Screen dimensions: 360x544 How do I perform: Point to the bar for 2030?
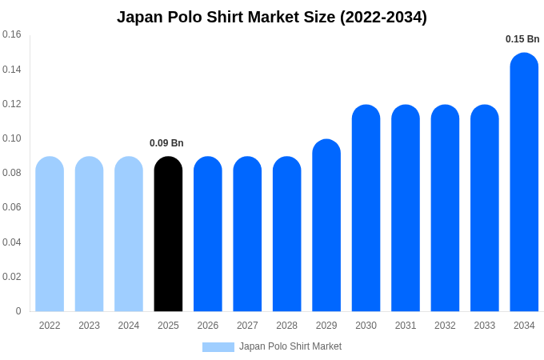(x=366, y=208)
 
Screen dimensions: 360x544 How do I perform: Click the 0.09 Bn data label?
(x=166, y=143)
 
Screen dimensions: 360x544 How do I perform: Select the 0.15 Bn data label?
(x=522, y=39)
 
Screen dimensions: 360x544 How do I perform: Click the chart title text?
(x=272, y=17)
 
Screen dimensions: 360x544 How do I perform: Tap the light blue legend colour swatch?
(x=218, y=347)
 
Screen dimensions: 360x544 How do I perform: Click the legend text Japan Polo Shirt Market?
(x=290, y=346)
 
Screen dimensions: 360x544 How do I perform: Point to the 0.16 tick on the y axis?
(x=12, y=34)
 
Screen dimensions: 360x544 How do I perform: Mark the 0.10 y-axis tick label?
(x=12, y=138)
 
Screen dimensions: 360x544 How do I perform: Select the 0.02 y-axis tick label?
(x=12, y=277)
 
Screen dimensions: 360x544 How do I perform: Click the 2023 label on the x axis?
(x=89, y=326)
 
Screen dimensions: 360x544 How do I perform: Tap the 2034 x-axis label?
(x=524, y=326)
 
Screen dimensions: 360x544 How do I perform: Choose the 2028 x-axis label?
(x=286, y=326)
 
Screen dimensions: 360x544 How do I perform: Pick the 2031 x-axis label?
(x=406, y=326)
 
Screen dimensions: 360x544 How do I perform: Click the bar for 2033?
(x=485, y=208)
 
